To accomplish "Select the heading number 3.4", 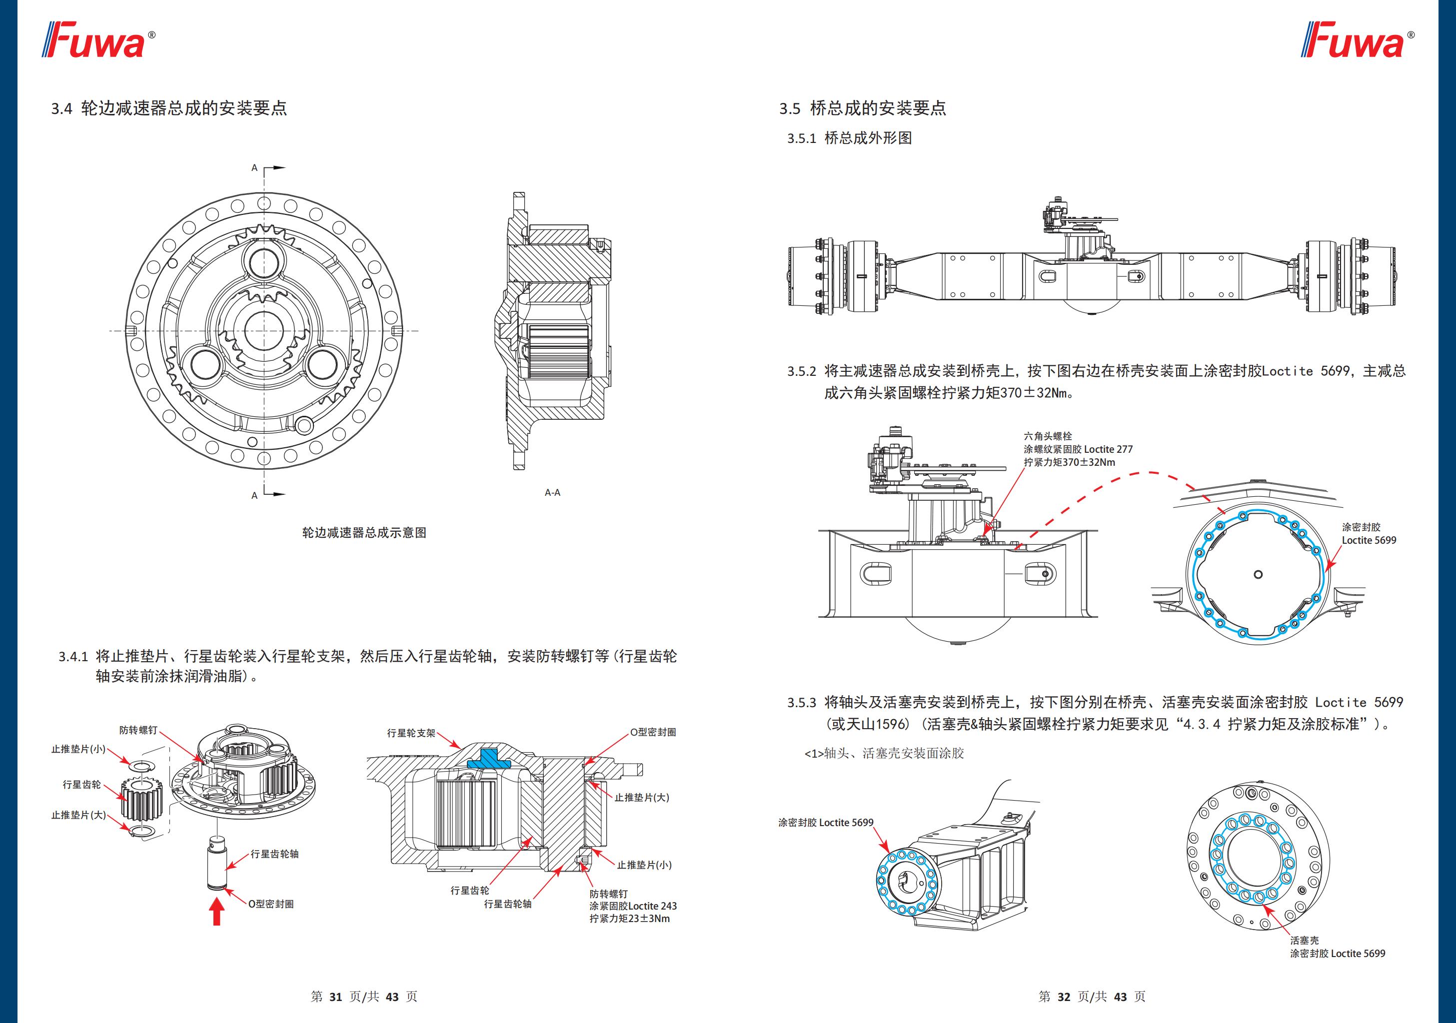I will click(x=61, y=108).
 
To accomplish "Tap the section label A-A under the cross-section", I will click(x=552, y=492).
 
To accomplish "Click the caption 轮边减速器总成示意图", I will click(x=364, y=533).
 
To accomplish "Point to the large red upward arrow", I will click(x=217, y=913).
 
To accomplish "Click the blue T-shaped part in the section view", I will click(x=488, y=759).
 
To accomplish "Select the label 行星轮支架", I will click(x=411, y=733).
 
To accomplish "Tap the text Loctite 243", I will click(x=653, y=906).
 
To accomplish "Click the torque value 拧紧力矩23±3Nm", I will click(x=629, y=919).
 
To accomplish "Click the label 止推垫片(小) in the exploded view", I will click(x=78, y=749).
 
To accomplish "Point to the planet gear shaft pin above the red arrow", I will click(x=217, y=863).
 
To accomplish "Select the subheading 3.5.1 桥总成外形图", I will click(x=849, y=138).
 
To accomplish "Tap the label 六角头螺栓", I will click(x=1048, y=436).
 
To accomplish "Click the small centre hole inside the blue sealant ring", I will click(x=1258, y=575).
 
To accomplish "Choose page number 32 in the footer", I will click(x=1064, y=997).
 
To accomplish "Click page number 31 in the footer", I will click(x=335, y=997).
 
